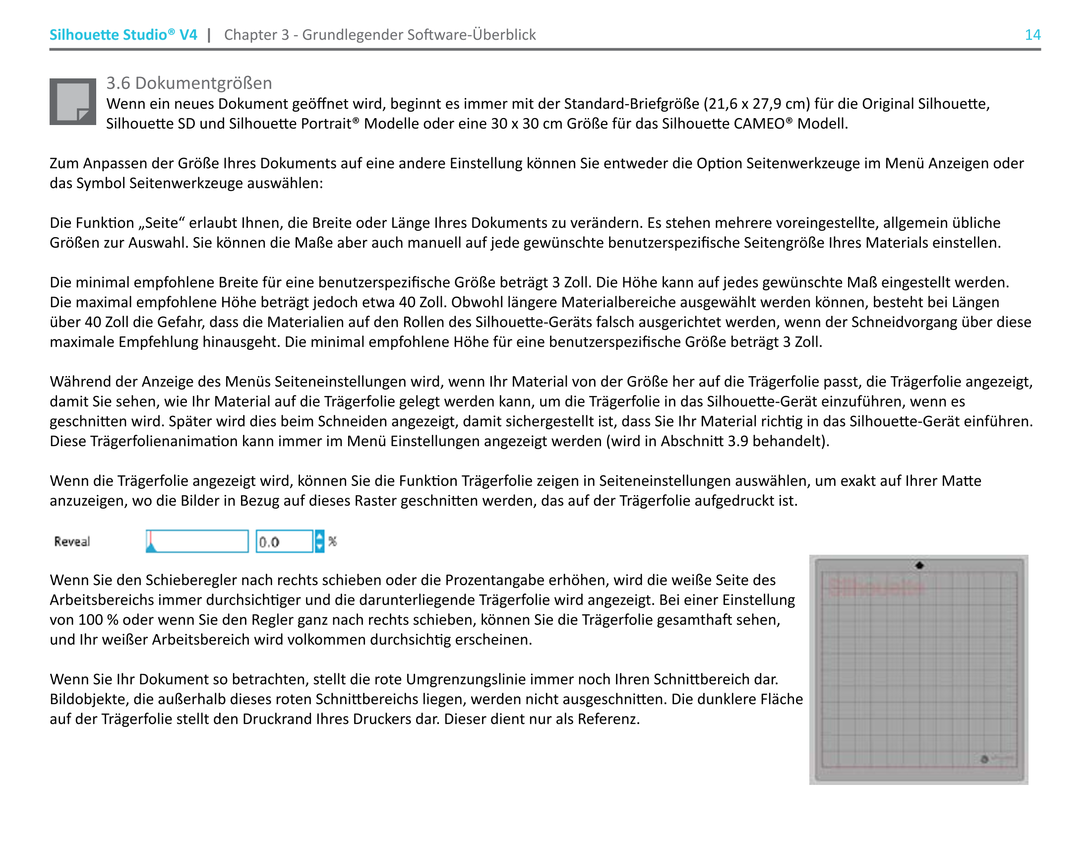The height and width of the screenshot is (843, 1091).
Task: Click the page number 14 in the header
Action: click(x=1032, y=34)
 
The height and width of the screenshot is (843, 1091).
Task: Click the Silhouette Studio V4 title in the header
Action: click(x=123, y=34)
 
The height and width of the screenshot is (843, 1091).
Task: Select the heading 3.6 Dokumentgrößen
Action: click(x=189, y=83)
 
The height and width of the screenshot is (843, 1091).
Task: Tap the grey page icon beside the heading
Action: click(x=72, y=101)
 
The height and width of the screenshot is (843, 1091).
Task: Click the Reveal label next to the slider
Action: click(x=72, y=542)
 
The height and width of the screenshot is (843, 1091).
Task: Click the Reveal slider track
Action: click(x=197, y=541)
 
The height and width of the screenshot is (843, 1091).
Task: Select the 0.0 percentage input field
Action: click(x=284, y=542)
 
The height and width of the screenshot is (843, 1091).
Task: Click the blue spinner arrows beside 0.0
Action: click(x=320, y=541)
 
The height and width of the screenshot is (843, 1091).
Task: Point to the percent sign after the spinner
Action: click(x=333, y=541)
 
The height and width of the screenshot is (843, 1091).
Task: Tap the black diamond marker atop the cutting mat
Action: click(x=919, y=565)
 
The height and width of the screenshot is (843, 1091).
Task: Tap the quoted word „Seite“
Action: click(x=159, y=223)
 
